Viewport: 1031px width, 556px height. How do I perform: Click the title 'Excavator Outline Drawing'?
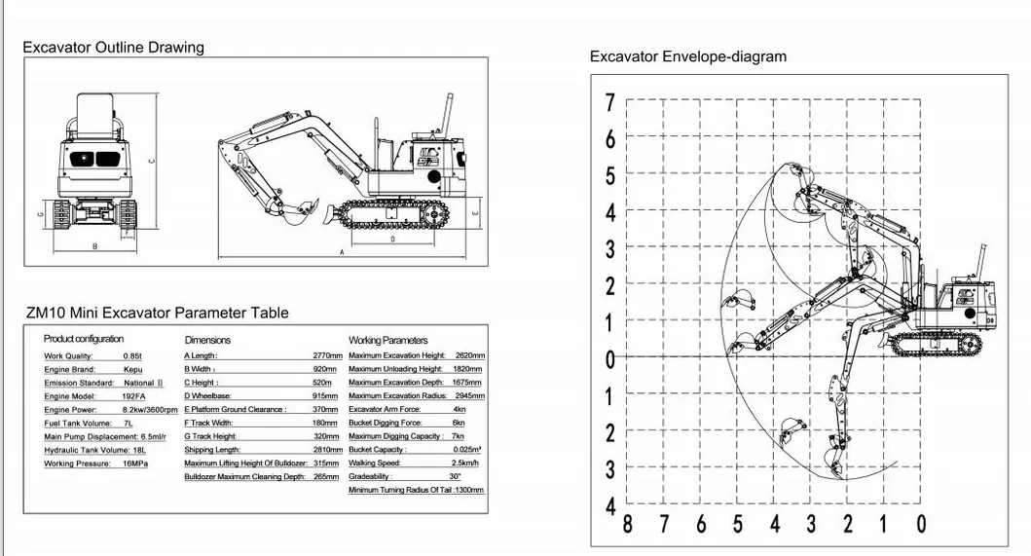pos(114,48)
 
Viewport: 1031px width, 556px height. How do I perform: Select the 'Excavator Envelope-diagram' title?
pos(687,56)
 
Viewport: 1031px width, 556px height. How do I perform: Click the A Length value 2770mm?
pos(327,356)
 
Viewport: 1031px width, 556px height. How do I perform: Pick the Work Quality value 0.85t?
pos(132,356)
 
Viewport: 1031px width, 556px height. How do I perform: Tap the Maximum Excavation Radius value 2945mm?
pos(468,396)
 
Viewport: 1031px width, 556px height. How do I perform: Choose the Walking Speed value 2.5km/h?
pos(470,463)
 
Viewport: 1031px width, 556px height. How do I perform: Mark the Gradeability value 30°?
pos(455,476)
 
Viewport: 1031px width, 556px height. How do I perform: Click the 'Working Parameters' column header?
pos(387,340)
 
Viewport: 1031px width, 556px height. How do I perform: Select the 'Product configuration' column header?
pos(84,339)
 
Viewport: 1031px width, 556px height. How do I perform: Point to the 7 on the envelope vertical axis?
pos(610,102)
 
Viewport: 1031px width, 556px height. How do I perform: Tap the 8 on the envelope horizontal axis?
pos(628,525)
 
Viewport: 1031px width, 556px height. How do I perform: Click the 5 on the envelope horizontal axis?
pos(738,525)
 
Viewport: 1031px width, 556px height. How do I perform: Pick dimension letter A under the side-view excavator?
pos(342,251)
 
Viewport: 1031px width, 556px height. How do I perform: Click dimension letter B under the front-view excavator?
pos(94,246)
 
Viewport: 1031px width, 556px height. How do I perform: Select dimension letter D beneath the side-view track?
pos(392,238)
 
